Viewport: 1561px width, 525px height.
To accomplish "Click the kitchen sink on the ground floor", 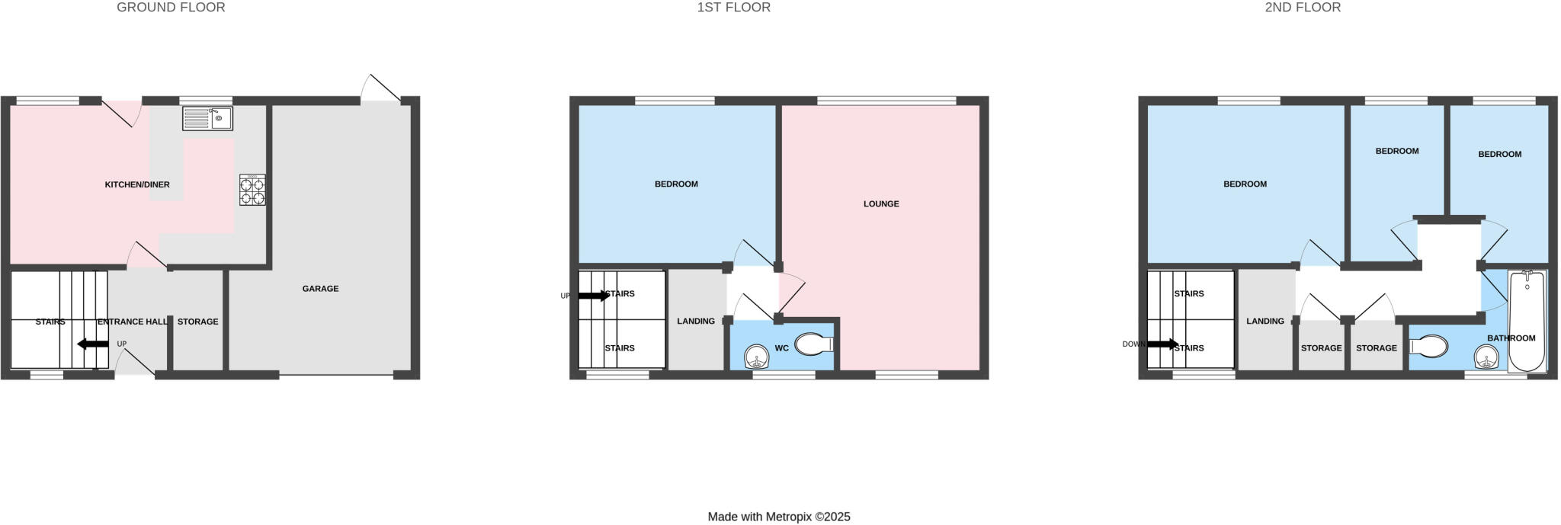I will point(207,118).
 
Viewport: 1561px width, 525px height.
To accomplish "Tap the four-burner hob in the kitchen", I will point(252,190).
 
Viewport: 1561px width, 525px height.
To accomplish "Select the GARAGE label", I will point(320,289).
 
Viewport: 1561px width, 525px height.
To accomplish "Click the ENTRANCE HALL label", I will point(133,322).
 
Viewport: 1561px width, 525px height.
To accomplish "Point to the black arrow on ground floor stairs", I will point(93,344).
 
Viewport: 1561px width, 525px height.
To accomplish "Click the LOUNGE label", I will point(881,204).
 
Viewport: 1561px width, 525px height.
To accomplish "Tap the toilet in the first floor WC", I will point(813,345).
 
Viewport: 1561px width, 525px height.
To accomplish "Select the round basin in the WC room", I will point(756,356).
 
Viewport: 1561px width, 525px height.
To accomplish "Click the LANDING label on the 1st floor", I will point(696,322).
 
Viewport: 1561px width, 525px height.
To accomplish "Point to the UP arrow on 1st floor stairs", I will point(594,296).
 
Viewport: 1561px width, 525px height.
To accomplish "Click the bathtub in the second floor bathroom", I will point(1527,321).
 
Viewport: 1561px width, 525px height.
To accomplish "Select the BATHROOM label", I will point(1511,338).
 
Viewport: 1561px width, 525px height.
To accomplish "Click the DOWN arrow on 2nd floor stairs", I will point(1162,344).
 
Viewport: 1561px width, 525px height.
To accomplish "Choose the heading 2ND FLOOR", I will point(1303,8).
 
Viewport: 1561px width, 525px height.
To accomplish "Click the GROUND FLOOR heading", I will point(171,8).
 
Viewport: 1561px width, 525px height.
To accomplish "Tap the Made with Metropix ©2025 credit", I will point(779,517).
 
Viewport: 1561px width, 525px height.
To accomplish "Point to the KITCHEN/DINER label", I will point(137,184).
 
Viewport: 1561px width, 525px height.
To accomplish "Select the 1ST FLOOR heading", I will point(733,8).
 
